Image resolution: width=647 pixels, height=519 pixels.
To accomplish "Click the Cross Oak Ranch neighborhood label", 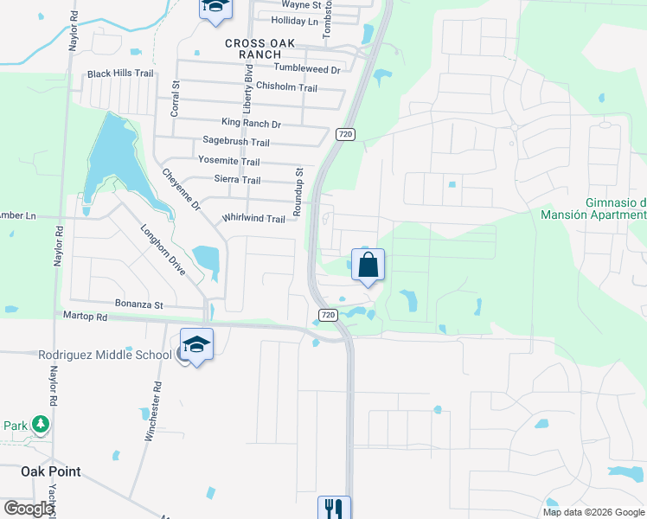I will (x=259, y=48).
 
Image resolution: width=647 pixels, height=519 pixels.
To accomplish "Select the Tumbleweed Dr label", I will (x=307, y=67).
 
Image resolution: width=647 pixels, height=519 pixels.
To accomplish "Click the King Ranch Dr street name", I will (x=251, y=124).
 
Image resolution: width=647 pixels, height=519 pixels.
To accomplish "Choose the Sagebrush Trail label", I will (x=236, y=142).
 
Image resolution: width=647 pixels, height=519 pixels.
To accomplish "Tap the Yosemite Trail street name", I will (x=228, y=162).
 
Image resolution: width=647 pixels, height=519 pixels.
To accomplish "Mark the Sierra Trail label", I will (x=237, y=180).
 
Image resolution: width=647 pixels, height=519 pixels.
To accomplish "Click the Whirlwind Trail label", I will (x=253, y=219).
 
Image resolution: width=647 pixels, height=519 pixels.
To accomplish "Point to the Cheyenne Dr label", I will (x=181, y=189).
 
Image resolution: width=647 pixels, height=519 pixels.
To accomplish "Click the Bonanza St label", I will (x=139, y=304).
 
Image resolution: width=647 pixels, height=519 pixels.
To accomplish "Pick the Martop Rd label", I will (x=84, y=317).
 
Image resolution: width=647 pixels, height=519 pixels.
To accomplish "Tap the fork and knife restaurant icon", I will (x=334, y=507).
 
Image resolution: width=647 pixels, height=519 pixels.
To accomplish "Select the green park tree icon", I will (x=40, y=425).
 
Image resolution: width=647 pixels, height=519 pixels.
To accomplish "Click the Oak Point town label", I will (x=51, y=471).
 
